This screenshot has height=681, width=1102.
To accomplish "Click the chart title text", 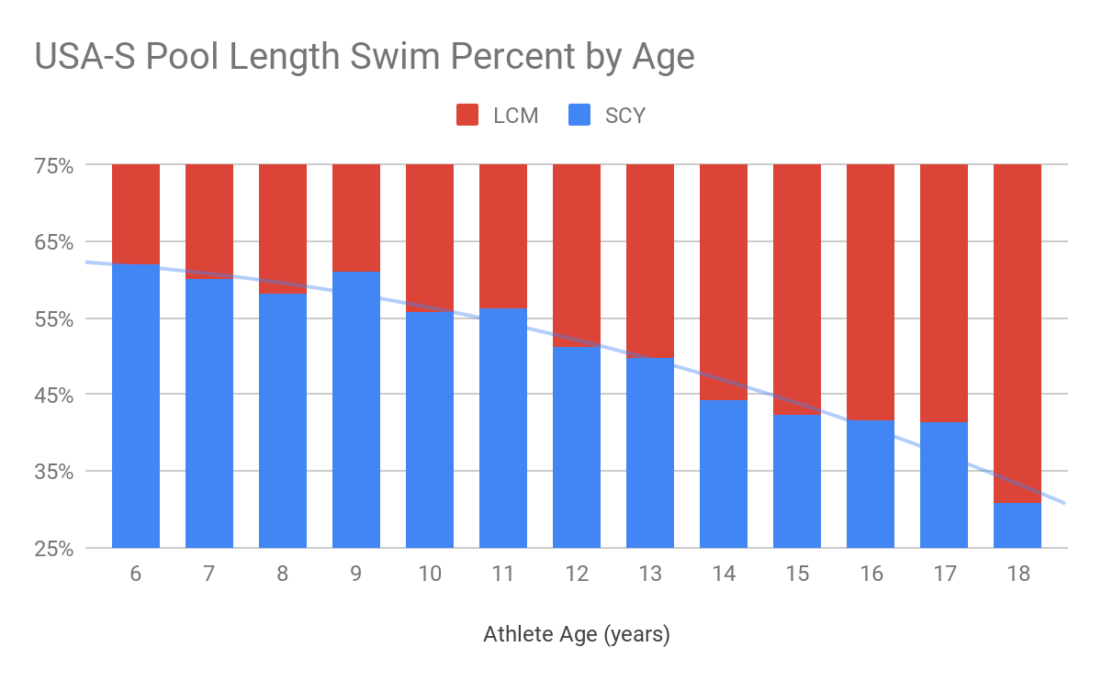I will [x=365, y=57].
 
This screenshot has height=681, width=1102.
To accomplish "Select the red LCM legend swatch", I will [x=468, y=115].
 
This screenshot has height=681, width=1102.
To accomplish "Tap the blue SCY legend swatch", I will [x=579, y=115].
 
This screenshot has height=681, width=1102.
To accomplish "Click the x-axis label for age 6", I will [x=136, y=574].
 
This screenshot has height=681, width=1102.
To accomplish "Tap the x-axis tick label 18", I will [x=1018, y=574].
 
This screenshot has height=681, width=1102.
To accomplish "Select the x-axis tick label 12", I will [x=577, y=574].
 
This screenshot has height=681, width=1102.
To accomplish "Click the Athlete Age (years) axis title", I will [x=577, y=634].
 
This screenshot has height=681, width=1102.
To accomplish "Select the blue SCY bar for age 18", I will [x=1018, y=526].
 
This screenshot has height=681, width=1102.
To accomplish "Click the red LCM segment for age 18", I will [x=1018, y=330].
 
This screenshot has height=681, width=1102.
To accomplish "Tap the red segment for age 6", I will [x=136, y=213].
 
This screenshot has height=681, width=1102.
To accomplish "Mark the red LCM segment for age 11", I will [x=503, y=236].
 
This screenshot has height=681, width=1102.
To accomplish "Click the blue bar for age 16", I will [x=871, y=484].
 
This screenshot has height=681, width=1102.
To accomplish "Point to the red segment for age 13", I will [x=650, y=261].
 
